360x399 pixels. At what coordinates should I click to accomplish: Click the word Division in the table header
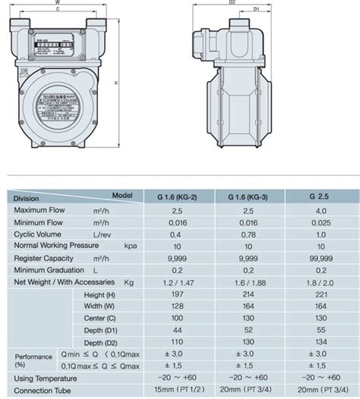[x=27, y=199]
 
